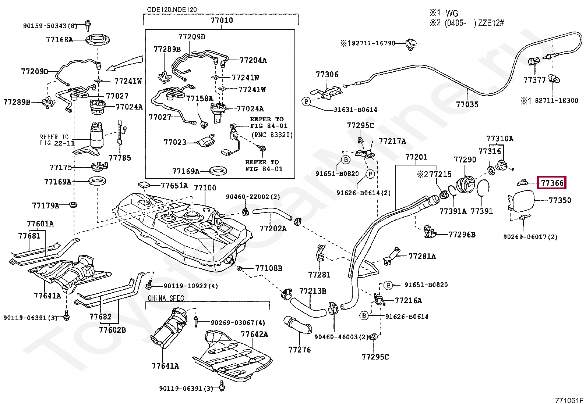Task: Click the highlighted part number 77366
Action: (x=552, y=183)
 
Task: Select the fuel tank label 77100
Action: (x=205, y=188)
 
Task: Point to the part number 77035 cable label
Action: (x=467, y=105)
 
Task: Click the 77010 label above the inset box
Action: (x=222, y=21)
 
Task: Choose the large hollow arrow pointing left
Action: (x=124, y=63)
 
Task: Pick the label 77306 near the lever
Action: (x=327, y=75)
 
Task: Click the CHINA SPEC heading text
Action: (x=166, y=298)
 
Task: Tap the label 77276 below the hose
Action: (x=300, y=350)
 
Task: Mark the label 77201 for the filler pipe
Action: (x=416, y=157)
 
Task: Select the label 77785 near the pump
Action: (x=120, y=158)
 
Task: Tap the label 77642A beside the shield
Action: (x=254, y=334)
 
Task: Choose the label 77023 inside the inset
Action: (x=175, y=143)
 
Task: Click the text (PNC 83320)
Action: (x=272, y=135)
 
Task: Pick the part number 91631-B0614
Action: (x=355, y=110)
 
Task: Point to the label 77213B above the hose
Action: (x=313, y=291)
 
